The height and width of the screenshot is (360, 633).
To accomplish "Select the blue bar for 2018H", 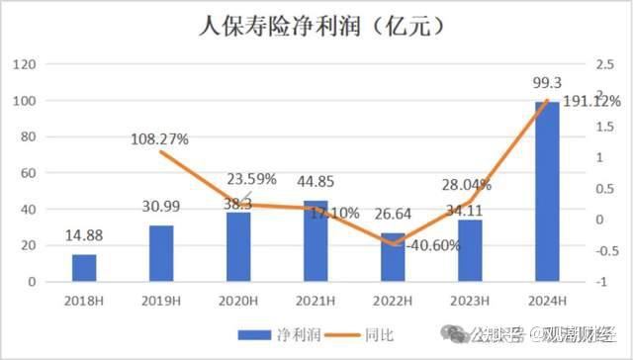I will tap(85, 268).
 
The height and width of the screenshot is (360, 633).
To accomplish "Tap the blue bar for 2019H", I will tap(162, 253).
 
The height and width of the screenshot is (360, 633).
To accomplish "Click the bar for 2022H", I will tap(394, 258).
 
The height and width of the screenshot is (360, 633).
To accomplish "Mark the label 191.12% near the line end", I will tap(590, 101).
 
